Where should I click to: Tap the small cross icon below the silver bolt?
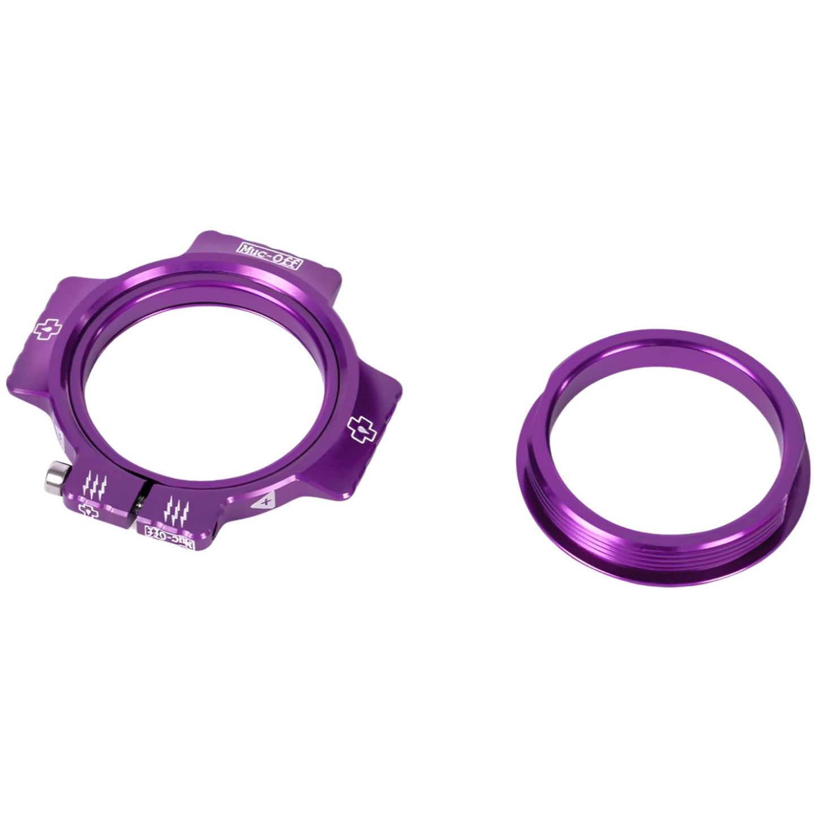point(88,511)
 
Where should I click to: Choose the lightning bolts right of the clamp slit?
point(175,508)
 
